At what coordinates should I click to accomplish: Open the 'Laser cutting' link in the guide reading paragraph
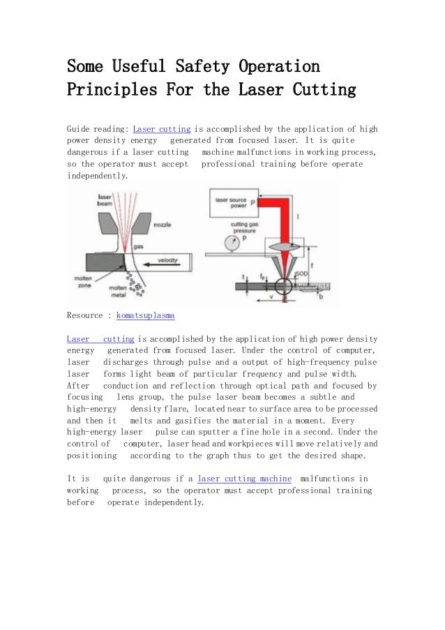point(162,129)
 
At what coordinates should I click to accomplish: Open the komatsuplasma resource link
point(145,315)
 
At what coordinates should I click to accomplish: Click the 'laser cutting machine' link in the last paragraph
point(245,479)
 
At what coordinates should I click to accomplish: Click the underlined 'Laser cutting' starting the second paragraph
point(100,338)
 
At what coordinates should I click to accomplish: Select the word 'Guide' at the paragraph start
point(79,129)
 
